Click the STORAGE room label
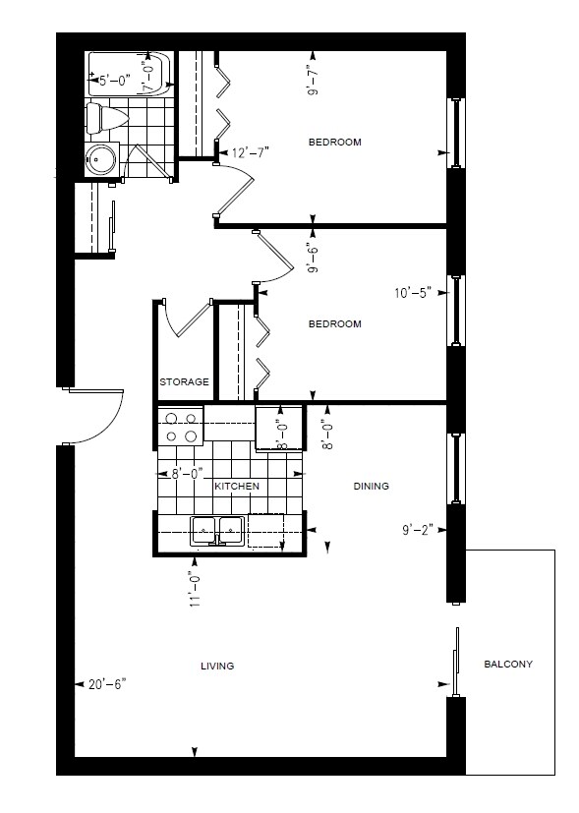[185, 382]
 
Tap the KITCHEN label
[237, 487]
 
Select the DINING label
[371, 486]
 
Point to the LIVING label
[217, 667]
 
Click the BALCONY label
[508, 665]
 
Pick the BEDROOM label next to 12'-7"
[334, 142]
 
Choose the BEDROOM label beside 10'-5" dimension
[334, 323]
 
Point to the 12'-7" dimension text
[250, 152]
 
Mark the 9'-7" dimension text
[314, 79]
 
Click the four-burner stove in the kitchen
[180, 427]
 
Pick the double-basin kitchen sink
[216, 530]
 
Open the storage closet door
[187, 319]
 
